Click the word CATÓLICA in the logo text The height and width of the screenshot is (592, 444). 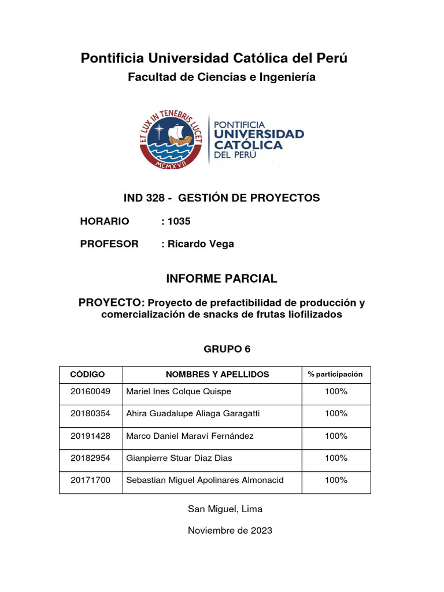(x=249, y=145)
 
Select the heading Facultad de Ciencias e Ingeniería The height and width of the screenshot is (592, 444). (x=221, y=77)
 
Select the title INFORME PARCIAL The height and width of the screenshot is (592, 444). (x=221, y=279)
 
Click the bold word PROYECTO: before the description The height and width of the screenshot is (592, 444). (x=112, y=303)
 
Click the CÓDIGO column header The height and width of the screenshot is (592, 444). (x=87, y=375)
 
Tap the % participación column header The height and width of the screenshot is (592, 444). (x=335, y=375)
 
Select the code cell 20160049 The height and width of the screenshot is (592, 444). (x=90, y=392)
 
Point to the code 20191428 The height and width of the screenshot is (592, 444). (x=90, y=436)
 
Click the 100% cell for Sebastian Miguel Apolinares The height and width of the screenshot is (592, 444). (x=336, y=480)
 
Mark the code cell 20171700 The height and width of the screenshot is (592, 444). (x=90, y=480)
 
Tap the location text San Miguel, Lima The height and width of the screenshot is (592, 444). (x=225, y=509)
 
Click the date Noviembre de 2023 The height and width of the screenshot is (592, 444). (x=230, y=530)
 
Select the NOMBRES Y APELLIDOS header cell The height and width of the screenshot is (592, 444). (x=217, y=375)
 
